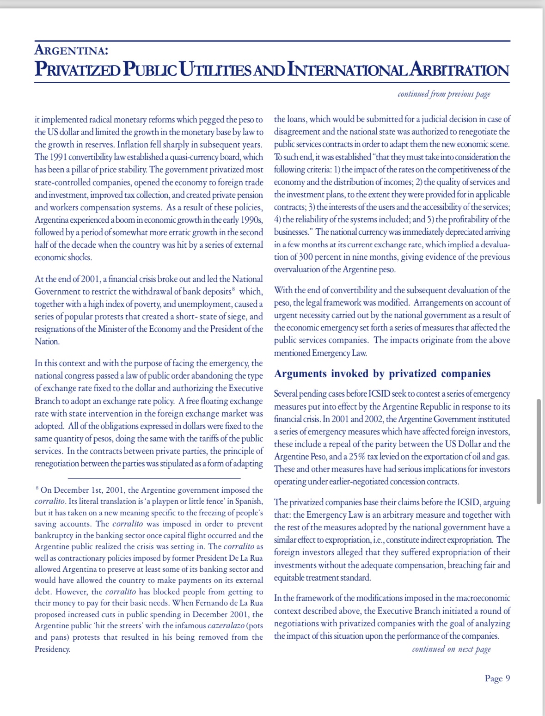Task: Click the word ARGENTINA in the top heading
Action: click(71, 49)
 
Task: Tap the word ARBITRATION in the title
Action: click(459, 70)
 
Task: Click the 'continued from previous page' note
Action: click(444, 94)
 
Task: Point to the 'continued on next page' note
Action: click(451, 649)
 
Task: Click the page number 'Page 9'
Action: click(497, 678)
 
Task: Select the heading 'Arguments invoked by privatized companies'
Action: click(382, 373)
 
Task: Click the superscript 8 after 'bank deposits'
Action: click(234, 290)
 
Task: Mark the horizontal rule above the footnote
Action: click(154, 478)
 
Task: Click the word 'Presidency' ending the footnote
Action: click(52, 649)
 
